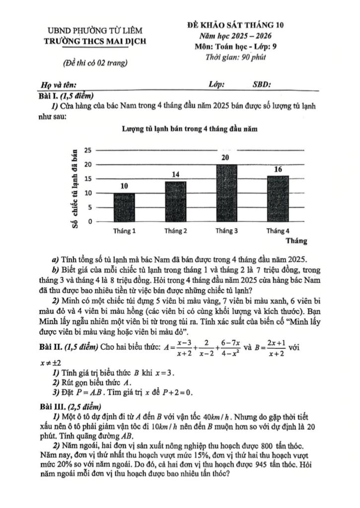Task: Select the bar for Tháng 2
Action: (175, 202)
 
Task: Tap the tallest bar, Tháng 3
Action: (226, 193)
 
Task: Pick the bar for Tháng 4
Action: (278, 198)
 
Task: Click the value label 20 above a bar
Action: (226, 158)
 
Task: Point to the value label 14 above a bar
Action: (175, 175)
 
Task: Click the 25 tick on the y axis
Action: (88, 150)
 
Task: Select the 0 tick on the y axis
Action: (90, 222)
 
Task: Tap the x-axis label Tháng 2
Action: (176, 231)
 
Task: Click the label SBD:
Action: (262, 84)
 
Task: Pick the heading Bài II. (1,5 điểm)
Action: (69, 346)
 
